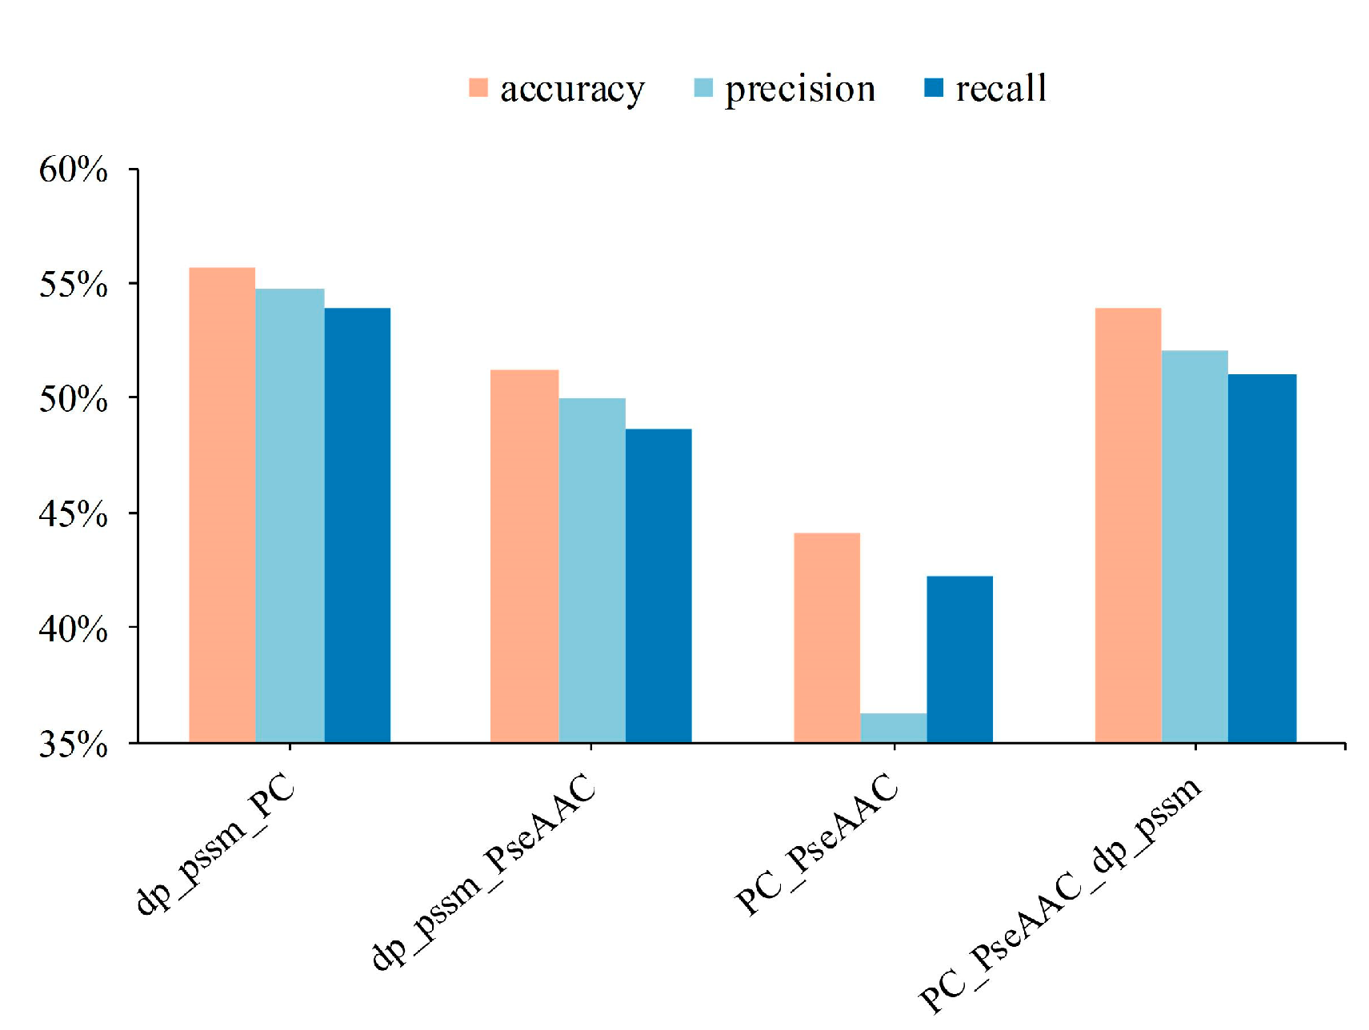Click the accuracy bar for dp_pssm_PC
pos(222,505)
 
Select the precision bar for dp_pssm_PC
pos(290,515)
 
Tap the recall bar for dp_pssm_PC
pos(357,525)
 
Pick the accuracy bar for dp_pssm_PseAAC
pos(524,556)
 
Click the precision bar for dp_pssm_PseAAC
pos(592,570)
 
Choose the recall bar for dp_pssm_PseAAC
pos(658,585)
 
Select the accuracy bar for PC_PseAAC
pos(827,637)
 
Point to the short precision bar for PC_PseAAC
pos(893,728)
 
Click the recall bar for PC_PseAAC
pos(959,659)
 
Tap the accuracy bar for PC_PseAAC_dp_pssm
pos(1127,525)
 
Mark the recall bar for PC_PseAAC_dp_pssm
pos(1262,558)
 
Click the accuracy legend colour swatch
pos(478,88)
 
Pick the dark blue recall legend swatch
pos(933,88)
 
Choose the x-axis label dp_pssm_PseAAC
pos(484,872)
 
